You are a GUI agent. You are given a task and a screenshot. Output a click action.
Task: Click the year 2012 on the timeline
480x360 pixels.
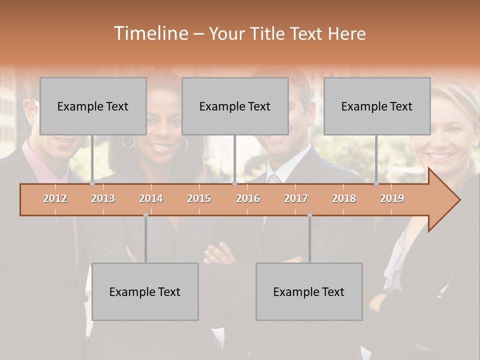[55, 198]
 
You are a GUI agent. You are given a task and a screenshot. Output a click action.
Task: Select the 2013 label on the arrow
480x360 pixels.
[103, 198]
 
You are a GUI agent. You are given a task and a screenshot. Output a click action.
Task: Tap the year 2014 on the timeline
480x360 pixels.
[151, 198]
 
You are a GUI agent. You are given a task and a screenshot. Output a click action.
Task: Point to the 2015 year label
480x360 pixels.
[199, 198]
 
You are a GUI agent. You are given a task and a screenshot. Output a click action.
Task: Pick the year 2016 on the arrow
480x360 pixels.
[248, 198]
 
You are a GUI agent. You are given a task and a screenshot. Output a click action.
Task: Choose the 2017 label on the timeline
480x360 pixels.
[296, 198]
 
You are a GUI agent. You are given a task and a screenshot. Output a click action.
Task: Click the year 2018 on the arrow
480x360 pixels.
[344, 198]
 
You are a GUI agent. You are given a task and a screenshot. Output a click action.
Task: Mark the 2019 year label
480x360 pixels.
[392, 198]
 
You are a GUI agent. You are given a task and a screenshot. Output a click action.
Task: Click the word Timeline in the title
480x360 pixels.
[150, 33]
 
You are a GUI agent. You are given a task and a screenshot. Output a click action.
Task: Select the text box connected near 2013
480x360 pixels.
[93, 106]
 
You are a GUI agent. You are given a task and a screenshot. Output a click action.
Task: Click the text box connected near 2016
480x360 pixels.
[235, 106]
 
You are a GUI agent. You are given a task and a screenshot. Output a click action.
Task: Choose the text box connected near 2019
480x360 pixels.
[377, 106]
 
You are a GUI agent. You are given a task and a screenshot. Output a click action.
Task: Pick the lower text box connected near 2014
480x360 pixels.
[145, 291]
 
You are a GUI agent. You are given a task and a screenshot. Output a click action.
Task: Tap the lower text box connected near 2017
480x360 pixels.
[309, 291]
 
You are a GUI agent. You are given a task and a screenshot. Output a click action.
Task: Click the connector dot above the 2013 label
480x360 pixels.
[92, 183]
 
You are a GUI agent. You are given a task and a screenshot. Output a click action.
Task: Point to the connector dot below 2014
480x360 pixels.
[145, 215]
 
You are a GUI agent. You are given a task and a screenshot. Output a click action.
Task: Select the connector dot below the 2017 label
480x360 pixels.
[309, 215]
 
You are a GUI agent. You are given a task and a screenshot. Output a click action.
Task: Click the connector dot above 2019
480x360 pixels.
[376, 183]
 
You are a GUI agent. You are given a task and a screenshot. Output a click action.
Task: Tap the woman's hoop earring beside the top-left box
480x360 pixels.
[128, 142]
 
